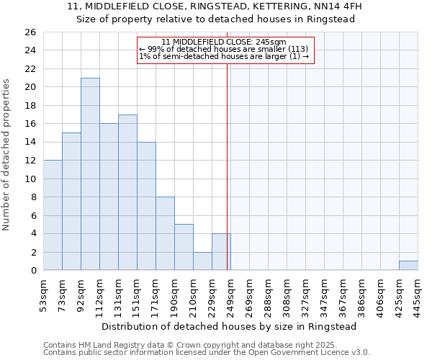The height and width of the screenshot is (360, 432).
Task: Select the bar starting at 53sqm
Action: tap(53, 215)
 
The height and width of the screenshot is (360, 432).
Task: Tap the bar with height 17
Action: tap(127, 192)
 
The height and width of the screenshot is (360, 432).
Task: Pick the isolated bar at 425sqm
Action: tap(408, 266)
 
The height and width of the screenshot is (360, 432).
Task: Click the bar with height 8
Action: tap(165, 233)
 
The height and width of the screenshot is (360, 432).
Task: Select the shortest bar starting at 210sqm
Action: tap(202, 261)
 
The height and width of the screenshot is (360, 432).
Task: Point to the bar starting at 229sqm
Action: tap(221, 252)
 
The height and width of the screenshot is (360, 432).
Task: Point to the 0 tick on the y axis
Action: tap(32, 271)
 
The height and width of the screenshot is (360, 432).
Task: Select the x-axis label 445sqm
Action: tap(418, 294)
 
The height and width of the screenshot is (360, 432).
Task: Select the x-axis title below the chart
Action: tap(229, 326)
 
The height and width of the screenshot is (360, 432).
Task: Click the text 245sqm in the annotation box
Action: tap(273, 42)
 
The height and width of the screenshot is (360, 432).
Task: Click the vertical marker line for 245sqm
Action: tap(228, 166)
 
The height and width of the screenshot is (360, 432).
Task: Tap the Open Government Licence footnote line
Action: tap(207, 352)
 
